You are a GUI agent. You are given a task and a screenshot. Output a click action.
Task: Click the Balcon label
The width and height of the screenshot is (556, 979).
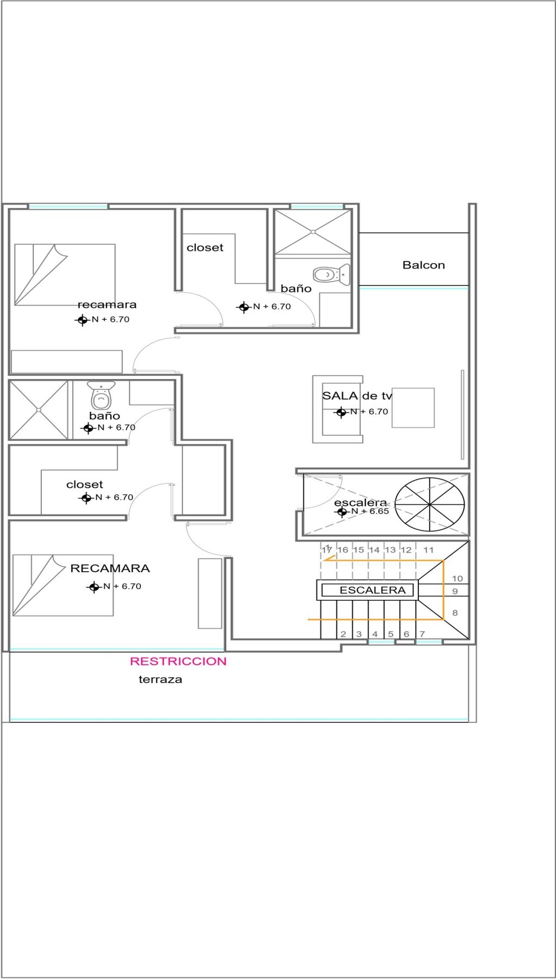pos(423,265)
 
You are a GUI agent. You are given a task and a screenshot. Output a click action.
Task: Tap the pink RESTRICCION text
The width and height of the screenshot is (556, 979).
pos(178,661)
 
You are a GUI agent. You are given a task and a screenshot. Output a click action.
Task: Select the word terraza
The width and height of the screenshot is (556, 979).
pos(160,679)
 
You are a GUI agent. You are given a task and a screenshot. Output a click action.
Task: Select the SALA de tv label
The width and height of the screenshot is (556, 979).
pos(357,395)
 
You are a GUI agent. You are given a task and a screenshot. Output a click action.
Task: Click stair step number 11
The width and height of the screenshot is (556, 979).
pos(428,550)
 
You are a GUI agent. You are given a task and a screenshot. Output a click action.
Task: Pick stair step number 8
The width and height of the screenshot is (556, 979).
pos(455,612)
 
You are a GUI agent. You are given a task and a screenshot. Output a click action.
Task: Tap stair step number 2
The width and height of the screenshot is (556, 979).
pos(343,634)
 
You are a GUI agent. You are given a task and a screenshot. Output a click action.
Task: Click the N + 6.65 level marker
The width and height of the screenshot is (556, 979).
pos(362,511)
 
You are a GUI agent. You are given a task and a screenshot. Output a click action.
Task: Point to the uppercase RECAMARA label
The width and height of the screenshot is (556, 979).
pos(110,568)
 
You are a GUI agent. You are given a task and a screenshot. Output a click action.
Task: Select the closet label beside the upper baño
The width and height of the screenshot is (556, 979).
pos(205,247)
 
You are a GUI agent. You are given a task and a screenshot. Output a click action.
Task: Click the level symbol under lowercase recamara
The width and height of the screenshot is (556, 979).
pos(82,320)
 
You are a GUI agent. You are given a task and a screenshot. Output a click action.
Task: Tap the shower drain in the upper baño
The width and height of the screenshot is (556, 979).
pos(313,232)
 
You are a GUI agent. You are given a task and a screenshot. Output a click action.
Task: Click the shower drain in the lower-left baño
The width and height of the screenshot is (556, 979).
pos(39,410)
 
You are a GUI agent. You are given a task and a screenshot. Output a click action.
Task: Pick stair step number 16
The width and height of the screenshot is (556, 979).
pos(343,550)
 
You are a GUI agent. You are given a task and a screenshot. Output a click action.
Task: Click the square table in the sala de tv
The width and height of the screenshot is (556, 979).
pos(413,408)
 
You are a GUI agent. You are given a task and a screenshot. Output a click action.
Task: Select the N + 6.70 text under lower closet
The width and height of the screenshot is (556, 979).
pos(114,497)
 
